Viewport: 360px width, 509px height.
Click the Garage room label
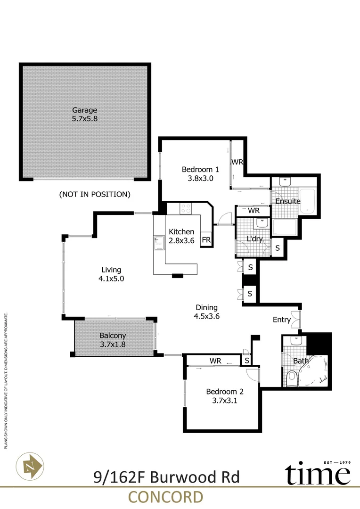(x=85, y=115)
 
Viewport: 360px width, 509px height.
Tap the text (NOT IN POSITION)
(x=94, y=194)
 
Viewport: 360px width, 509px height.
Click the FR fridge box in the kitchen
(x=206, y=239)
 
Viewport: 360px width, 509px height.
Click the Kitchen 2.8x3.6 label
(x=181, y=236)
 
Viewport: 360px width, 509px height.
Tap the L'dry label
(x=254, y=239)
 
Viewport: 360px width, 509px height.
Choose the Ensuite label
(x=288, y=201)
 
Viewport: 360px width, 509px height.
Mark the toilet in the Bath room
(x=292, y=378)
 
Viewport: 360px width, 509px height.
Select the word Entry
(x=282, y=320)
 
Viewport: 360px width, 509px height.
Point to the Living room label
(x=112, y=274)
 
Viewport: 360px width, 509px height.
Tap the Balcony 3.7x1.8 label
(x=112, y=340)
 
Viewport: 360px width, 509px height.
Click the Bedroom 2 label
(x=225, y=395)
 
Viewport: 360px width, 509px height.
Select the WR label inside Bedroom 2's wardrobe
(x=215, y=361)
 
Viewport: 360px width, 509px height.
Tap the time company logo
(x=319, y=473)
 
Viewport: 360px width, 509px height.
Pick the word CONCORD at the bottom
(x=165, y=497)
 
